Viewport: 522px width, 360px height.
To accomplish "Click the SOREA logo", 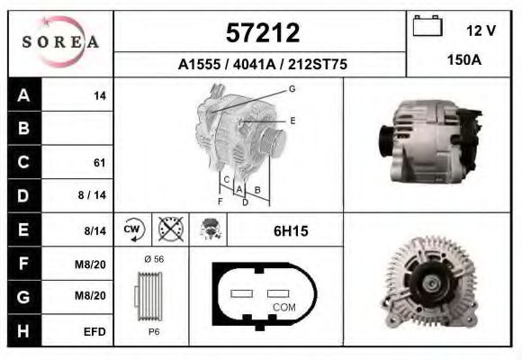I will coord(60,42).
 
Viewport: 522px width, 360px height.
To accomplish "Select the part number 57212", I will coord(261,33).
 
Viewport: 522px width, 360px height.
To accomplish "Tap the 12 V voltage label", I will coord(481,30).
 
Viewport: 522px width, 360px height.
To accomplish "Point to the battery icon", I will coord(426,28).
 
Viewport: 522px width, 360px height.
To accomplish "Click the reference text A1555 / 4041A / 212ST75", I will coord(261,65).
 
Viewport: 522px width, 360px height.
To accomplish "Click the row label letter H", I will coord(23,331).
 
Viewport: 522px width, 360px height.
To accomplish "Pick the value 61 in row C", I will coord(100,163).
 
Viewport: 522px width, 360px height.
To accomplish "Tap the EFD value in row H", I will coord(94,331).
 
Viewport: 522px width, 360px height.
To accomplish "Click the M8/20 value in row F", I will coord(94,264).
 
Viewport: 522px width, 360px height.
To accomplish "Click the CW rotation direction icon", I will coord(132,229).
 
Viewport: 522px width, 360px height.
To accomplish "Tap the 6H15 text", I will coord(291,231).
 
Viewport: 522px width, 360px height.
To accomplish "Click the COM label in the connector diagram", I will coord(283,307).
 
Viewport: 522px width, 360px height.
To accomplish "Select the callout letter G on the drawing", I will coord(292,89).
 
